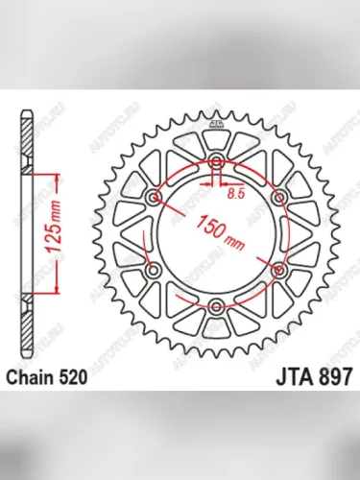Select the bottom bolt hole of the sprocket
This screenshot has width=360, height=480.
pos(218,306)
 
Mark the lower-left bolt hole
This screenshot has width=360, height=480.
pos(154,270)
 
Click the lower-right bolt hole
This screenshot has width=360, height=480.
pos(282,270)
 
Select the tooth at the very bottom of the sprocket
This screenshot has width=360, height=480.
pos(218,356)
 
